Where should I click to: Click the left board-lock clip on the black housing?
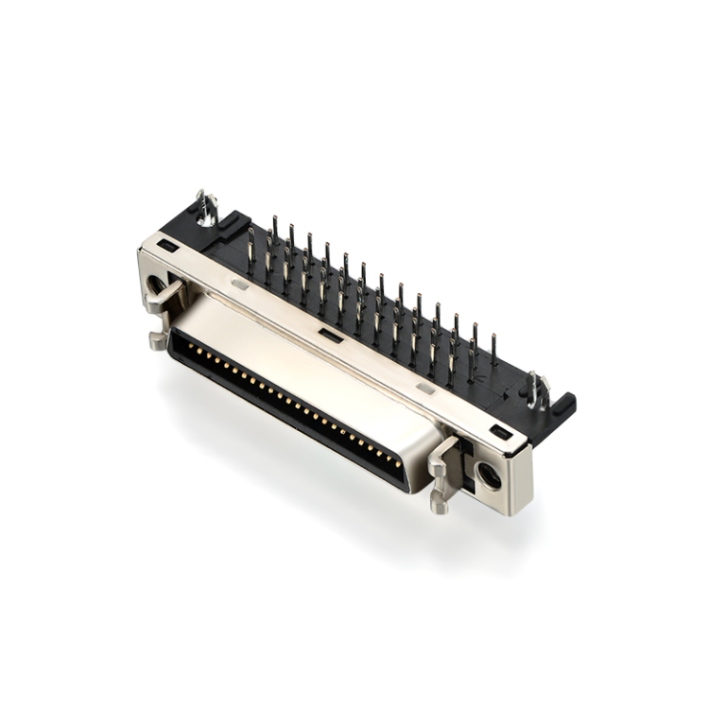click(x=205, y=207)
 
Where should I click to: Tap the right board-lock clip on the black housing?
click(x=538, y=389)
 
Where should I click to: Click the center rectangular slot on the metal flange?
click(x=329, y=335)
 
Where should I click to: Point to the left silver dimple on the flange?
click(x=240, y=283)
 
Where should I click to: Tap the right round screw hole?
click(x=489, y=475)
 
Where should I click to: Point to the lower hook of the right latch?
click(x=440, y=501)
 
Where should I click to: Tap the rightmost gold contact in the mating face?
click(x=398, y=466)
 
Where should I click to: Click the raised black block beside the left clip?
click(x=231, y=226)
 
